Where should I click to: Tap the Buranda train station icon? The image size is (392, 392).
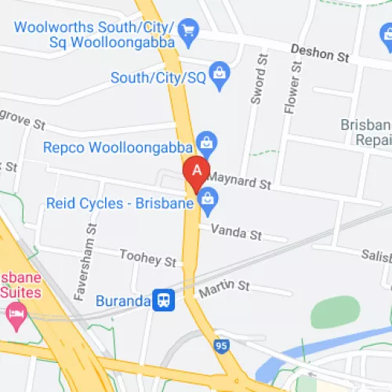[163, 299]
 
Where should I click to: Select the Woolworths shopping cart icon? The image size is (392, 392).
[187, 32]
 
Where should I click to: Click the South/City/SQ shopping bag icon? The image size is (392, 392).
[220, 74]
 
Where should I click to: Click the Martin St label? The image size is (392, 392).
[223, 289]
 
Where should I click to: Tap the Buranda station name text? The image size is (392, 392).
[122, 299]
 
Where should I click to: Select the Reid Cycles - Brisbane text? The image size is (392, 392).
[120, 204]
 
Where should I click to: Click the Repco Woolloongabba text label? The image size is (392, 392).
[118, 146]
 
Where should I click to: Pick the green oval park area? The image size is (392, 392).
[335, 312]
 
